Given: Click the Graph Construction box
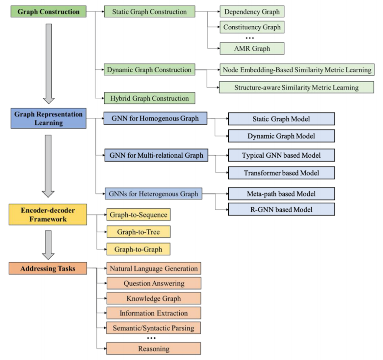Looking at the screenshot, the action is (48, 11).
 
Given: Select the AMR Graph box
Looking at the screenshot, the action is (252, 48).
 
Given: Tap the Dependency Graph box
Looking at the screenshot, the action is (252, 11).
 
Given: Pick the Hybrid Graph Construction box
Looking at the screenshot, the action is (150, 98).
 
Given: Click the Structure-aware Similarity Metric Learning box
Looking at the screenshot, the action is (296, 88).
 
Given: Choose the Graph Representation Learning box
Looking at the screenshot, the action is (48, 118).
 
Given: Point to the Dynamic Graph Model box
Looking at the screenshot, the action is (281, 136).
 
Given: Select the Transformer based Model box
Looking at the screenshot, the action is (281, 173).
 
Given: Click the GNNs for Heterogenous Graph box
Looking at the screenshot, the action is (154, 193).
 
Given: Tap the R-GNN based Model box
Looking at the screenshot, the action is (281, 209).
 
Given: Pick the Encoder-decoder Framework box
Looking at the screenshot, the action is (48, 214).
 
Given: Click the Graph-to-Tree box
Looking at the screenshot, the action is (139, 232).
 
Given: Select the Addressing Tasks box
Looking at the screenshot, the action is (48, 269).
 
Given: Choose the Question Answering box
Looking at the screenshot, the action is (154, 283).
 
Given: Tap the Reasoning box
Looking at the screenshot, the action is (154, 349).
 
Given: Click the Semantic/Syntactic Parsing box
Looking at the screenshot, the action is (154, 328).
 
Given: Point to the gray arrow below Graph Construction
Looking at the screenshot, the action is (49, 64).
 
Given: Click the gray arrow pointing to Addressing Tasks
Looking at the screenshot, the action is (48, 245).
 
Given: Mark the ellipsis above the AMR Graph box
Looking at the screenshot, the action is (250, 38).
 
